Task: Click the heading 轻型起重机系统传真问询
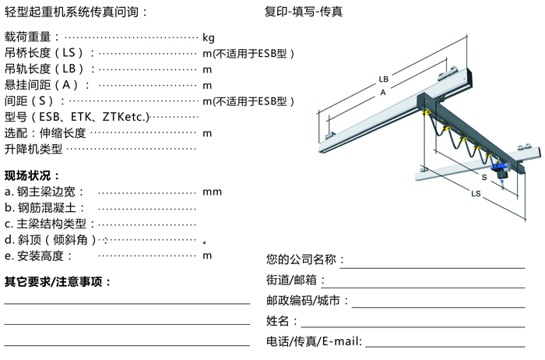(75, 12)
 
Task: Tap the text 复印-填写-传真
(304, 12)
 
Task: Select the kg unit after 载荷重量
(208, 37)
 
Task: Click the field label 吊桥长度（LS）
(50, 53)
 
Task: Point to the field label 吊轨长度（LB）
(50, 69)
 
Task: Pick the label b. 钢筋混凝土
(45, 208)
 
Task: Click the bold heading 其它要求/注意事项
(58, 282)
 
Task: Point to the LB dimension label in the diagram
(383, 79)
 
